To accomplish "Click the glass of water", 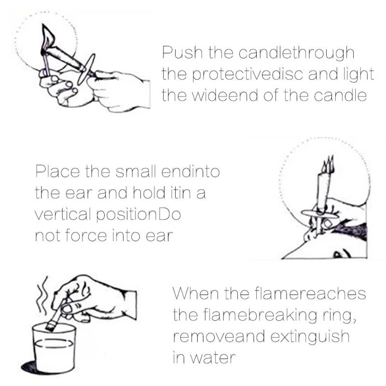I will pos(53,347).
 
